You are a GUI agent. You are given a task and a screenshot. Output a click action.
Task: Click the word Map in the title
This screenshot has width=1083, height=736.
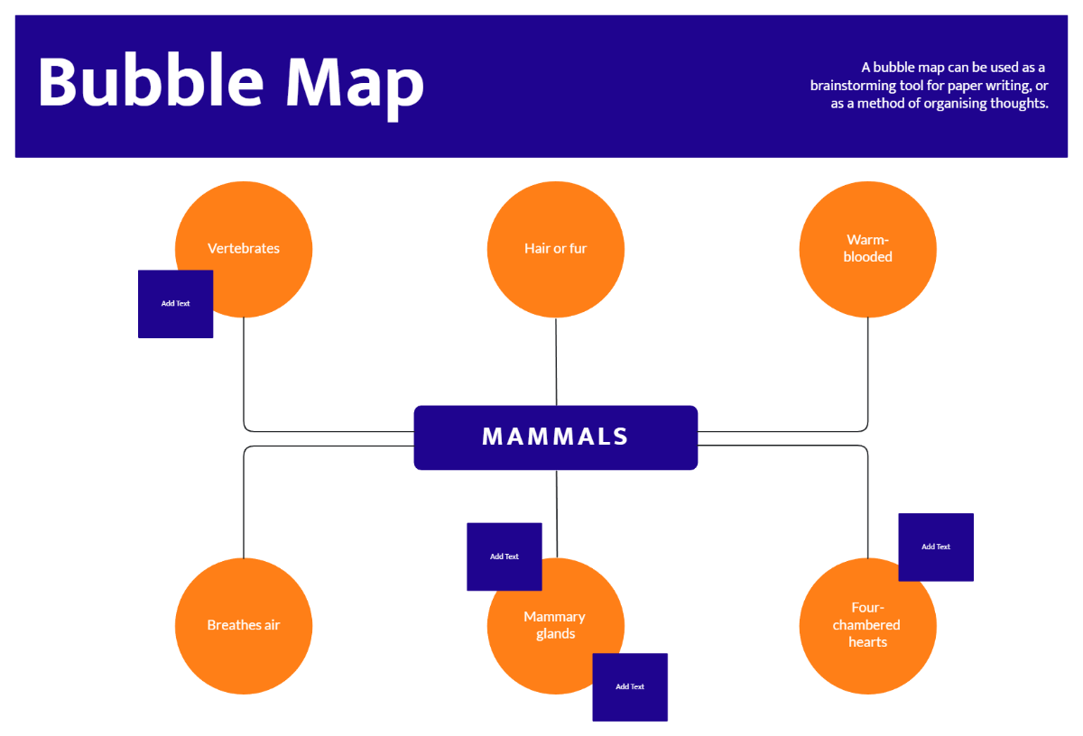pyautogui.click(x=355, y=81)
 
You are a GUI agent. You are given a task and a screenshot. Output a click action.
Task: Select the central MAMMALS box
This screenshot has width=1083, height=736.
pyautogui.click(x=555, y=437)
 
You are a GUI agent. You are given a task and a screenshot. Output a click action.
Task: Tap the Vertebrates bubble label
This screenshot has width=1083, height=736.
pyautogui.click(x=244, y=248)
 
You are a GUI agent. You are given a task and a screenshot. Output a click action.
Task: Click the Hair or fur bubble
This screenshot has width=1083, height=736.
pyautogui.click(x=555, y=248)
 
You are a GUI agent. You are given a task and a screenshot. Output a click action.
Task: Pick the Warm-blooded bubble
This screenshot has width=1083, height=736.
pyautogui.click(x=867, y=248)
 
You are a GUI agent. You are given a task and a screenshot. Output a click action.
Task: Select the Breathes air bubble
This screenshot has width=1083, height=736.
pyautogui.click(x=244, y=625)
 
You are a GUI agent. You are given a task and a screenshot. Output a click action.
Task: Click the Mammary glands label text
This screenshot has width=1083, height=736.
pyautogui.click(x=554, y=625)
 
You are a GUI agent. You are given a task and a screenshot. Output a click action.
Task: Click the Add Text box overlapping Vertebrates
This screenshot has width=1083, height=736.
pyautogui.click(x=175, y=304)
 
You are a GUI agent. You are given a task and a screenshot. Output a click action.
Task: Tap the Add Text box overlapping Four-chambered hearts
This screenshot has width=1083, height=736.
pyautogui.click(x=936, y=547)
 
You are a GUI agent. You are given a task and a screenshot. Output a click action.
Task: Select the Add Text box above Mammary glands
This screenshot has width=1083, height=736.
pyautogui.click(x=504, y=557)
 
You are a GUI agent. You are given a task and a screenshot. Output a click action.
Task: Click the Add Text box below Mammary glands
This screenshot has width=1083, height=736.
pyautogui.click(x=630, y=687)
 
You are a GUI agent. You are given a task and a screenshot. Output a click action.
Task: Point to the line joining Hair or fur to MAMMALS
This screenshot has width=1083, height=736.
pyautogui.click(x=556, y=361)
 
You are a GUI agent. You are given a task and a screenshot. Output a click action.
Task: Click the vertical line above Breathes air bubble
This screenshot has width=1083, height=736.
pyautogui.click(x=244, y=505)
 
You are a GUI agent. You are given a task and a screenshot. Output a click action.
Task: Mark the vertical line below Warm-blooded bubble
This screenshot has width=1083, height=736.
pyautogui.click(x=868, y=370)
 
